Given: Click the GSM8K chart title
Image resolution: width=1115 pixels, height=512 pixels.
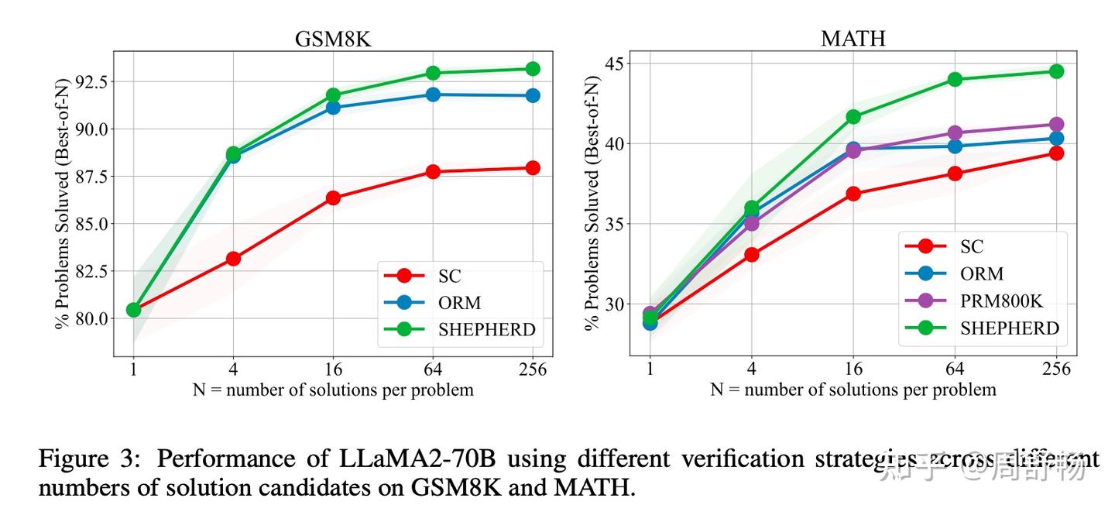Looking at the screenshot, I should point(333,40).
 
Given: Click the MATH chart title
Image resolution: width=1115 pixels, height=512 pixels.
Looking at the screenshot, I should point(853,39).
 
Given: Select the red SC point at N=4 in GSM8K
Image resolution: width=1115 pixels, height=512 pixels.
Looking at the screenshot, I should point(233,258).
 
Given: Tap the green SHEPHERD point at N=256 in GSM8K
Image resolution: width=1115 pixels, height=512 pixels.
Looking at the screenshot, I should point(533,69).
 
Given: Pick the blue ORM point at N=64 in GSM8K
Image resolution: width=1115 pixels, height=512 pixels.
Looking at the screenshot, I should point(433,94).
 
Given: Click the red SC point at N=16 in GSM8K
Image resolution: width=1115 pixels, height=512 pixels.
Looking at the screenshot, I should point(333,198).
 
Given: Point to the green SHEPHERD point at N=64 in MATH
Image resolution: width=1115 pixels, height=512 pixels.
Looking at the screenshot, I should point(955,79).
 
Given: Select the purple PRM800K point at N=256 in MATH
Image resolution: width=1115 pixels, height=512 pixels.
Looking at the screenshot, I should point(1055,124).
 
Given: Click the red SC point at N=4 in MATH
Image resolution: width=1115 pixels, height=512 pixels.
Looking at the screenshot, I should point(751,254).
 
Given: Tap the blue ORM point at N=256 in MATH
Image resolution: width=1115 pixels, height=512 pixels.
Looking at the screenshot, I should point(1055,139).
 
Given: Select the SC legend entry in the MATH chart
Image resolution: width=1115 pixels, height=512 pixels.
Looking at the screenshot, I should point(971,246).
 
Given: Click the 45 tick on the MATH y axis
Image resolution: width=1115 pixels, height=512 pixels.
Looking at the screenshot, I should point(613,63).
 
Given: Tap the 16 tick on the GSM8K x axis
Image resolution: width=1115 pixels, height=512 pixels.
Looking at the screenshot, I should point(333,370).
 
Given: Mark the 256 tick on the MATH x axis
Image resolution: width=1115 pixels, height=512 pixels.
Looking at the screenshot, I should point(1055,369).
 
